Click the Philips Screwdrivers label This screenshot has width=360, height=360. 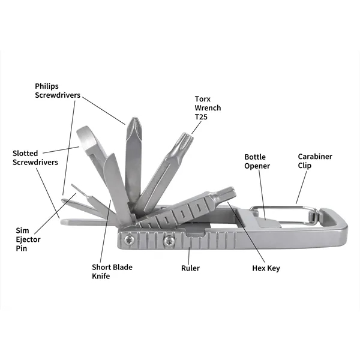57,90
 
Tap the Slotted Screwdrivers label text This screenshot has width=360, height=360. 35,158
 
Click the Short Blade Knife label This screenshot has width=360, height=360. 112,272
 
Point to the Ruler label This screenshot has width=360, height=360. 190,268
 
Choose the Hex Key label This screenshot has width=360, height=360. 266,268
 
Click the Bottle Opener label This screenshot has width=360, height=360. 257,161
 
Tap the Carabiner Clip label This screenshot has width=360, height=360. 314,161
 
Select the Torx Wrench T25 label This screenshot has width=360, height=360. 208,108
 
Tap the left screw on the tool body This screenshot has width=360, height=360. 128,241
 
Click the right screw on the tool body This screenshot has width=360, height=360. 170,241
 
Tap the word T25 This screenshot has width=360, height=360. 201,118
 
